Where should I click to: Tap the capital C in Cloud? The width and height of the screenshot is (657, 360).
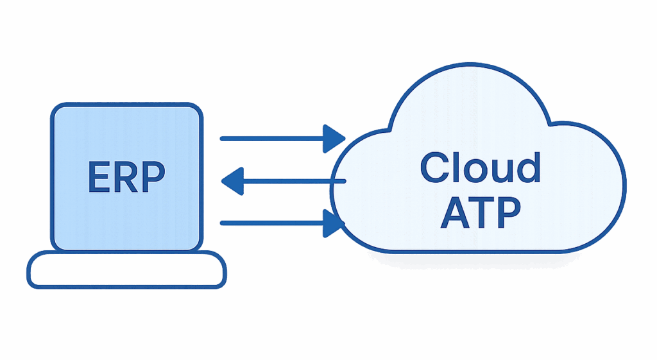(x=435, y=167)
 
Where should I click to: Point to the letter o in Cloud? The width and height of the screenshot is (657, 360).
(x=478, y=171)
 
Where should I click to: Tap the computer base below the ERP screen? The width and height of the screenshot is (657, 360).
(x=126, y=270)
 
